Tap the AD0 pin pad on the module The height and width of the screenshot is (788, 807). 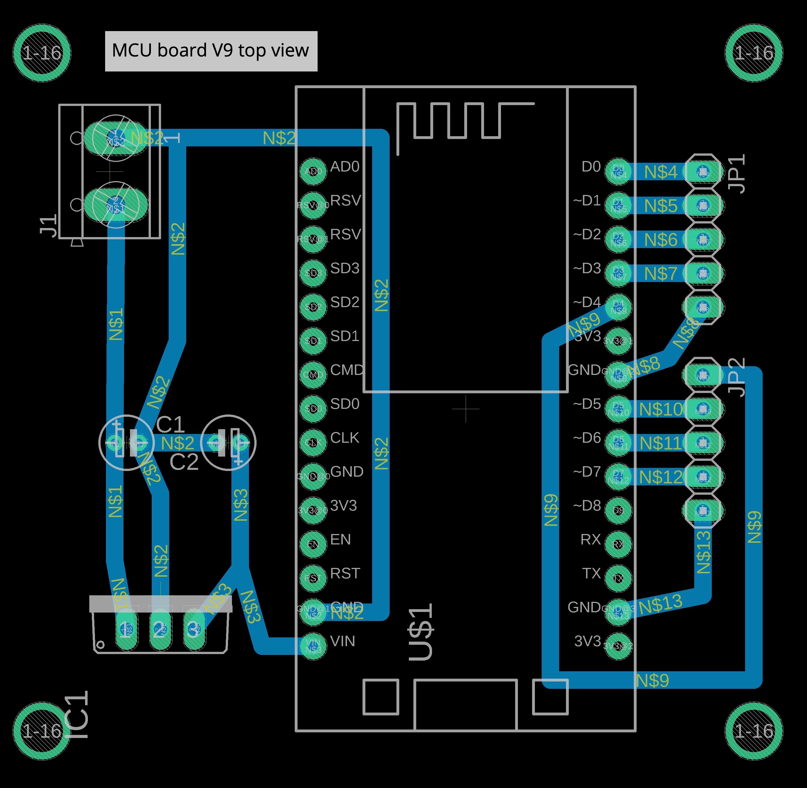pos(313,171)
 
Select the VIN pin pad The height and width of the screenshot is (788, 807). pos(313,646)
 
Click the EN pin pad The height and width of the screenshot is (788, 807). pos(313,544)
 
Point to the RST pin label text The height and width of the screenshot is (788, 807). pos(345,573)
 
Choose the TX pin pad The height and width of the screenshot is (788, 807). pos(618,578)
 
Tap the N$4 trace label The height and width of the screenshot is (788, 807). pos(661,172)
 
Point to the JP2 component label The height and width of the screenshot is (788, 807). pos(737,377)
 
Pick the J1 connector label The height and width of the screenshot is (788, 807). pos(49,225)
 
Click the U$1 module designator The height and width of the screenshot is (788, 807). pos(421,631)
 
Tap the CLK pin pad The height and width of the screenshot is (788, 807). pos(313,442)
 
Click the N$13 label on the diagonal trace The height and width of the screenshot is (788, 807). pos(660,605)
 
